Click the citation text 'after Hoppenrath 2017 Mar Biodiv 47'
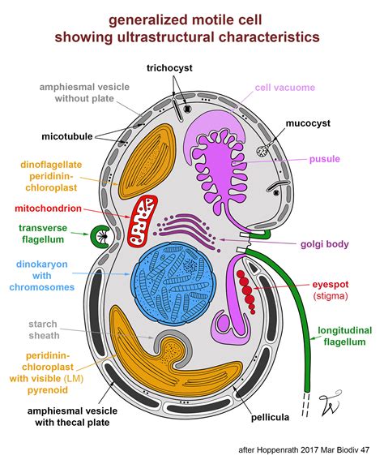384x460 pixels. pos(303,448)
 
